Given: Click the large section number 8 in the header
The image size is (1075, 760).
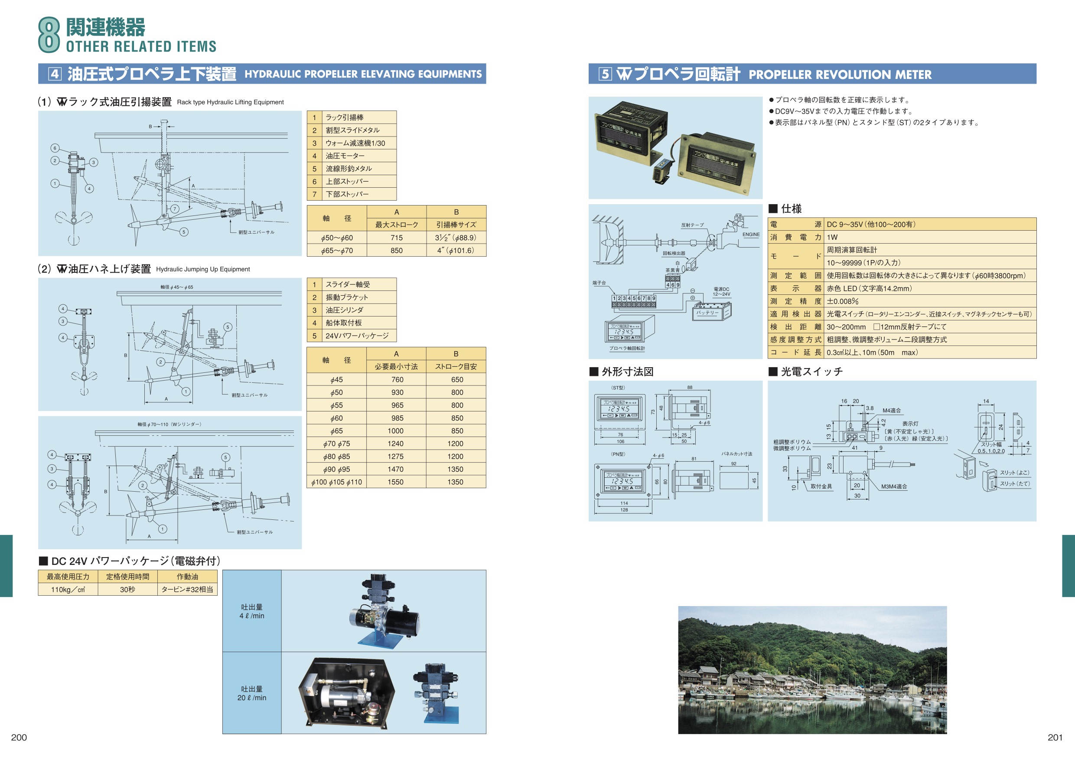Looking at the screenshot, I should pos(49,35).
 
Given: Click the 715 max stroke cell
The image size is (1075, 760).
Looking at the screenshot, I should pos(396,238).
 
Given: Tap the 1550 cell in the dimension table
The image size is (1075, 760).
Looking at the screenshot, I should pos(396,482).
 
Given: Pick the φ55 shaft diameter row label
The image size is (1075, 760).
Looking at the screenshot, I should pos(336,405).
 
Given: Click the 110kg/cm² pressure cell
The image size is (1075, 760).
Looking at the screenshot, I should pos(68,590).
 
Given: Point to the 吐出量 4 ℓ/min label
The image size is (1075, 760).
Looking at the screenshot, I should pos(252,612).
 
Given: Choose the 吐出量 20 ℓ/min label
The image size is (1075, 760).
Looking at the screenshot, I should pos(252,694).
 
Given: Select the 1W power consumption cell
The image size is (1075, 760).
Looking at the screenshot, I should pos(832,238).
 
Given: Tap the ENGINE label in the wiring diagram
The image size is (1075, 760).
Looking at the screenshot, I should pos(751,235).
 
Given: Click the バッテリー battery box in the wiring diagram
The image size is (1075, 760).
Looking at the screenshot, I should pos(708,312).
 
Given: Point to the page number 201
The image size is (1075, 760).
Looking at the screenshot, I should pos(1055,737).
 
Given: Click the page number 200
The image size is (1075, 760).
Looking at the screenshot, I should pos(19,737).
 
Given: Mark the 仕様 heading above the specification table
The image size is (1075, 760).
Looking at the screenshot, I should pos(791,209).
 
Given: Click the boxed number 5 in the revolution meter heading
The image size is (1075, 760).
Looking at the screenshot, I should pos(606,74).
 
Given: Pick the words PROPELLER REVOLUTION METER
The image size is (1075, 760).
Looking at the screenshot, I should pos(840,75).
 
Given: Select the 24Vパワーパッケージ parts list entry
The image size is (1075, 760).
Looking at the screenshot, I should pos(357,336).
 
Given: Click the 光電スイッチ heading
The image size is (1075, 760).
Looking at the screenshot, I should pos(811,372).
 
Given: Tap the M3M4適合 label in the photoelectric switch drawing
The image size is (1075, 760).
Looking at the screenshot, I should pos(894,486).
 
